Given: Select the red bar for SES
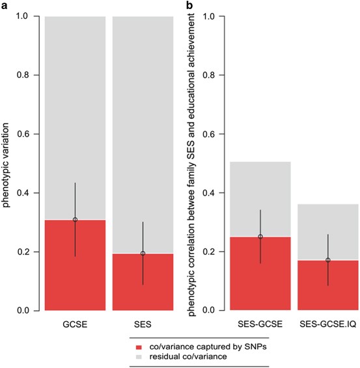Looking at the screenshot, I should (143, 282).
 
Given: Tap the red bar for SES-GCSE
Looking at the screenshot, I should (260, 274).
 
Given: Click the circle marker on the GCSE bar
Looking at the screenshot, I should (75, 220).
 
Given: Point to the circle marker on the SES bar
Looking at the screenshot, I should (143, 254).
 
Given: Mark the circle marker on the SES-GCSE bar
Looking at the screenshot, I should (260, 237).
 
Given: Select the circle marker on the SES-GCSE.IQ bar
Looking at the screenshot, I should (327, 260).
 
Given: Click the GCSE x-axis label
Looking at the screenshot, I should (75, 323).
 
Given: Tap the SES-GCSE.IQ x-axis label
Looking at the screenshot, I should (327, 323).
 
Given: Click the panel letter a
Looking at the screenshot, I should (5, 5).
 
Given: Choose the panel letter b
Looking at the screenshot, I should (189, 5).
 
